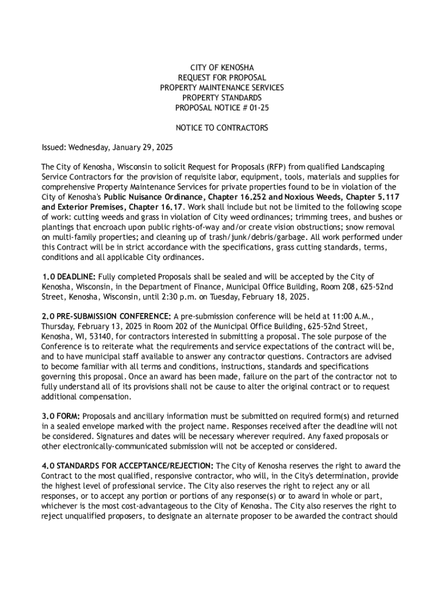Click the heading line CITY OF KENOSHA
[221, 68]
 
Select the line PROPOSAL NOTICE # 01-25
[221, 108]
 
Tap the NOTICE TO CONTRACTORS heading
[221, 128]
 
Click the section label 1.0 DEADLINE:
[68, 277]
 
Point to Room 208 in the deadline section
[343, 286]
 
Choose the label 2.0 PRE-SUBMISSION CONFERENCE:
[106, 316]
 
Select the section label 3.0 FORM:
[61, 416]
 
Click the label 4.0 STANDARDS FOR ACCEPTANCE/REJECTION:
[127, 465]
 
